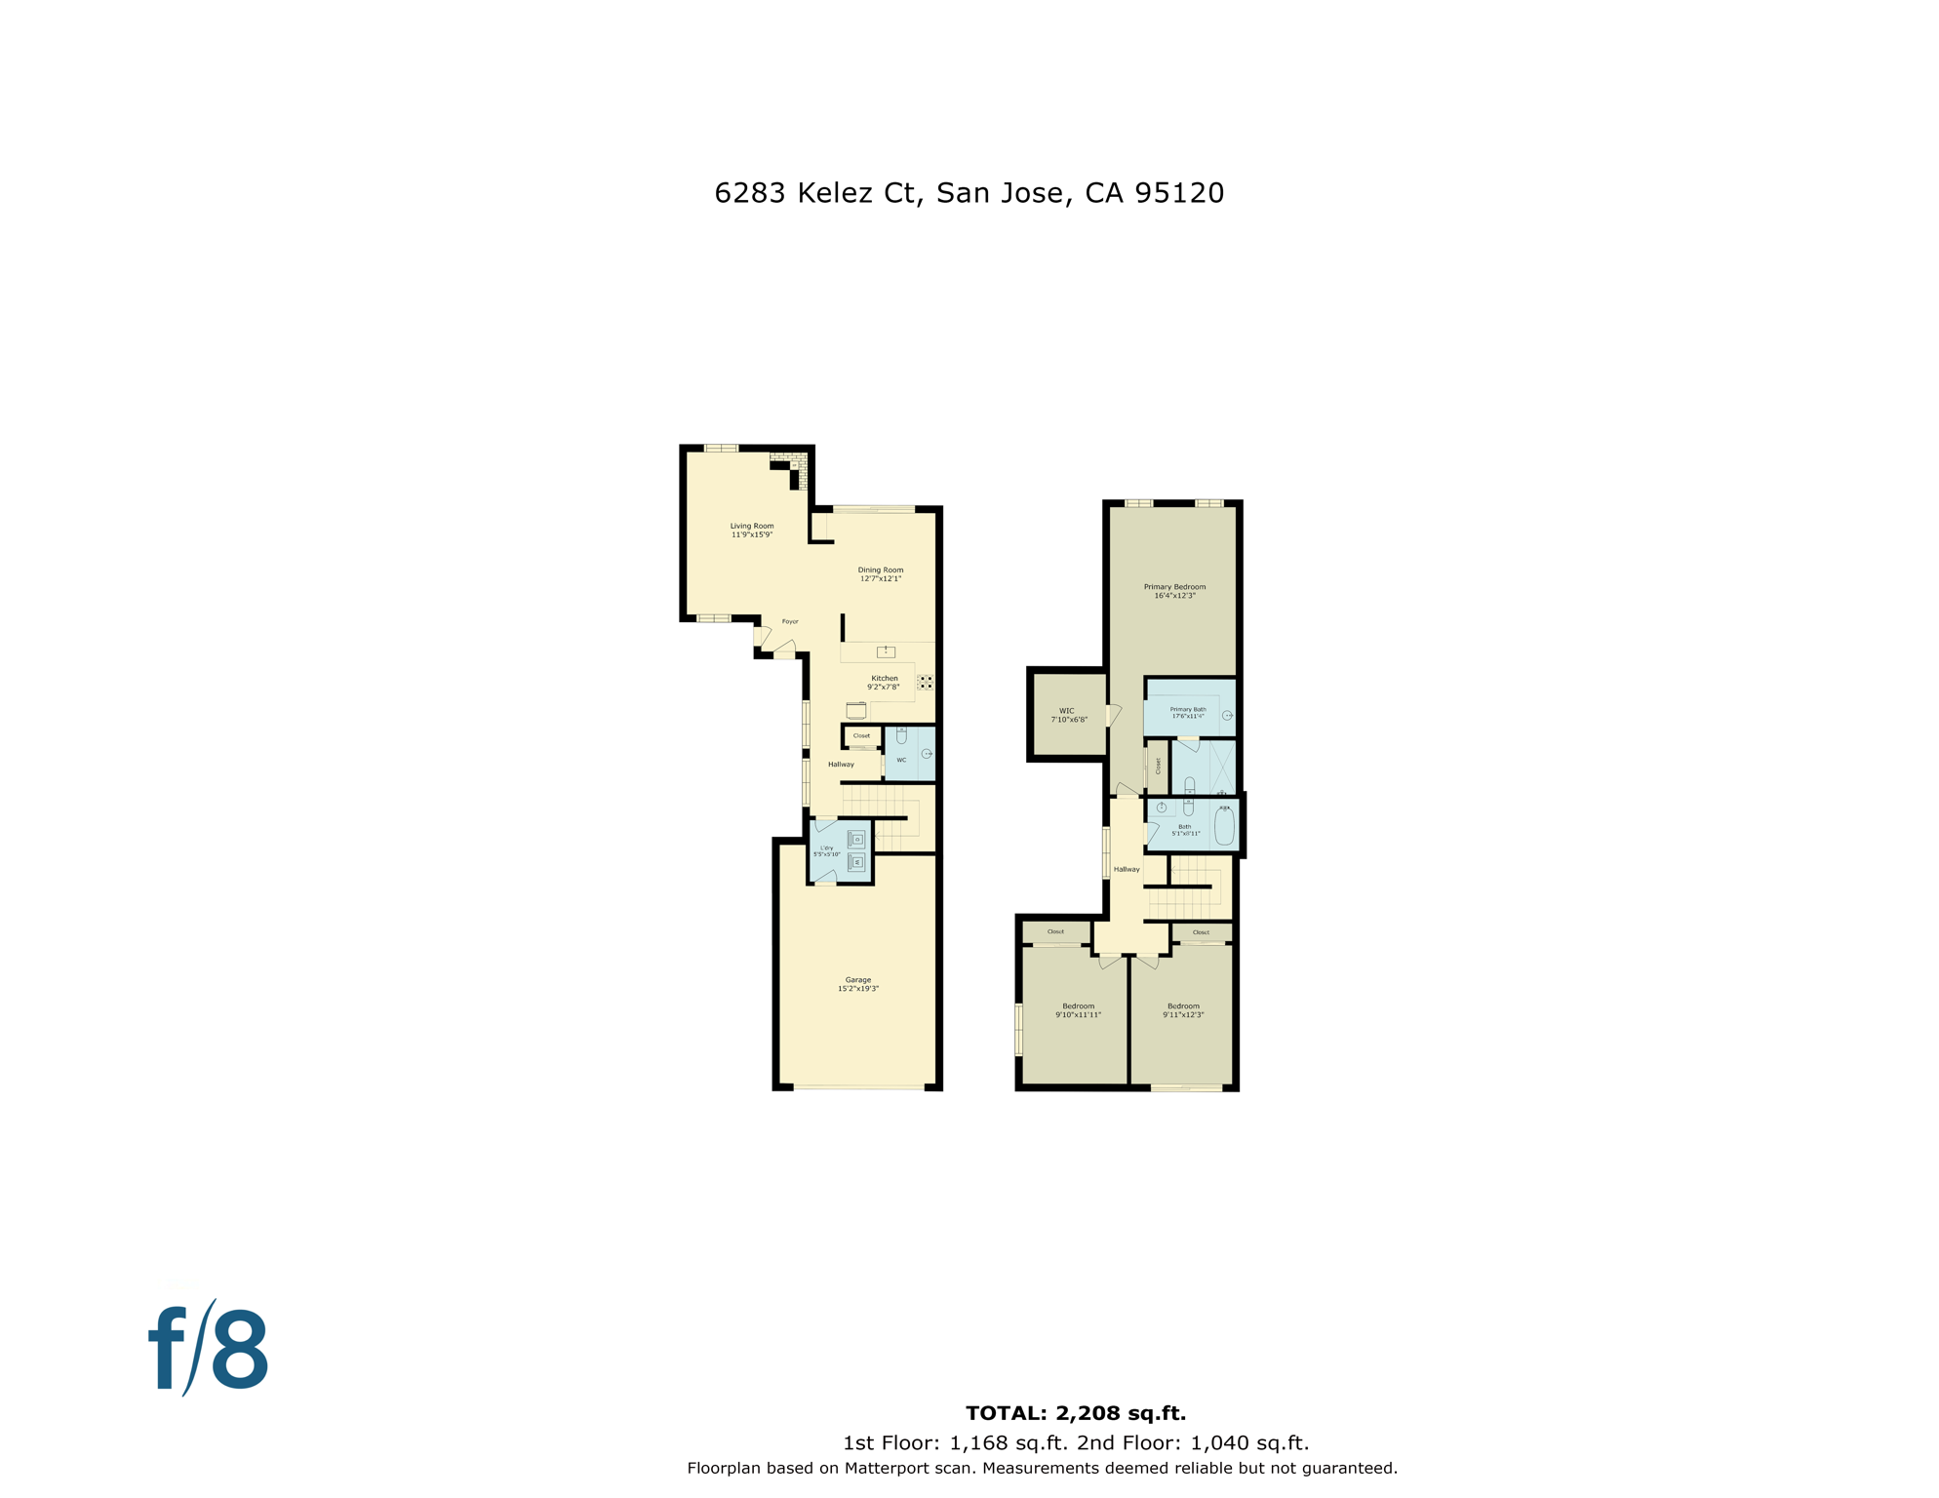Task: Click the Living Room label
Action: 751,526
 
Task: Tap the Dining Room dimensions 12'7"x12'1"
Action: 880,579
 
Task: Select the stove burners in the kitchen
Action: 925,682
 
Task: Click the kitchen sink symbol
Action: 886,651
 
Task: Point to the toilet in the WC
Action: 901,735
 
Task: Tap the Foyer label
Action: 790,621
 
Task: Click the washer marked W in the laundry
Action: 857,862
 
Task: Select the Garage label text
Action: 857,979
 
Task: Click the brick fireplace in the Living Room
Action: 791,466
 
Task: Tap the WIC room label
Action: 1066,711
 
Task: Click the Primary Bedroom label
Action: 1174,587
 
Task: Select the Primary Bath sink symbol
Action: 1227,716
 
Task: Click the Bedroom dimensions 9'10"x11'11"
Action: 1078,1015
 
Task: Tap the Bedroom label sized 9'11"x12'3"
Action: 1183,1005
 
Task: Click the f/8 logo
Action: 209,1350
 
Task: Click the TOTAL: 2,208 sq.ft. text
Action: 1076,1413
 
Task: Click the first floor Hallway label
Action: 841,765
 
